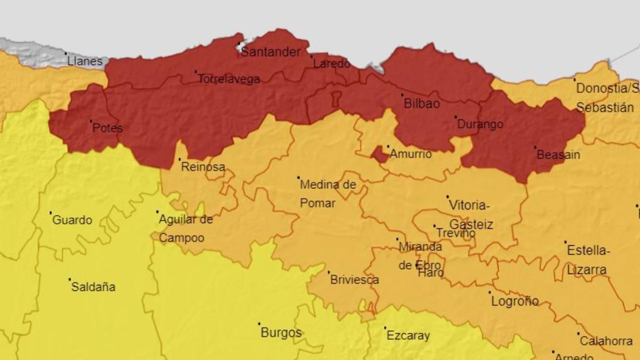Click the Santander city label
(271, 52)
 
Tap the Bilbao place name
(422, 103)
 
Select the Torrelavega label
(229, 79)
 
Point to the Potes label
(108, 128)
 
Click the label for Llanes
(85, 61)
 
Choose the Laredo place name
(332, 64)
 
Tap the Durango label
(480, 124)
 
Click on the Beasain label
(558, 155)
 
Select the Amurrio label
(411, 154)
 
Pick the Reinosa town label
(203, 167)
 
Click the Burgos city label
(281, 333)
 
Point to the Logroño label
(515, 302)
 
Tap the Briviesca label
(355, 280)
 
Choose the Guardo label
(73, 220)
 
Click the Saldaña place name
(93, 287)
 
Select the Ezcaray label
(408, 336)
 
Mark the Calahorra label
(606, 341)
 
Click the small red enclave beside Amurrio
(380, 155)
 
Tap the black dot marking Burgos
(259, 324)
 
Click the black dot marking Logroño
(490, 292)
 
